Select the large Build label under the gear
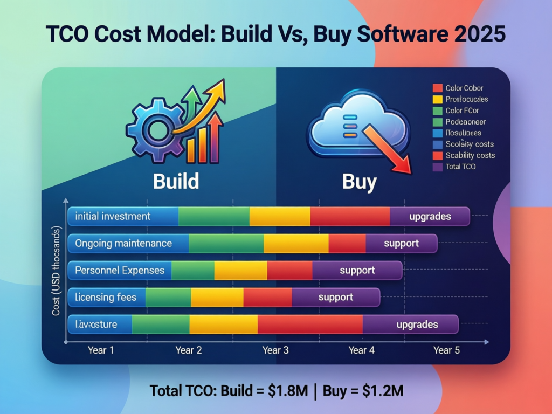click(176, 181)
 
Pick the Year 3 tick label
click(275, 350)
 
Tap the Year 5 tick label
click(446, 350)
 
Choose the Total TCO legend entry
click(460, 167)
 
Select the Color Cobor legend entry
click(464, 88)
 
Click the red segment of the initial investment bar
click(350, 217)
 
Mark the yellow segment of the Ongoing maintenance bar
click(296, 244)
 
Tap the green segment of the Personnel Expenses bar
click(192, 270)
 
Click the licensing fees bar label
click(106, 297)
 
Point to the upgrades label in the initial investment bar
click(430, 217)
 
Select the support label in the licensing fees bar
click(335, 297)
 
